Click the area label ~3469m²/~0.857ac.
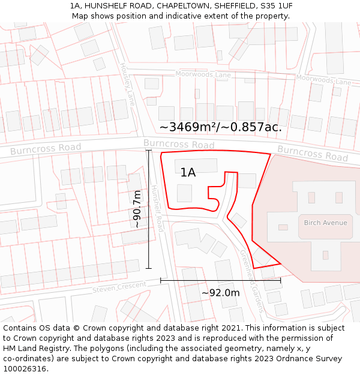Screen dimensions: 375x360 click(220, 127)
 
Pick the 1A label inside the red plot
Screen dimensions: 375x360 click(188, 173)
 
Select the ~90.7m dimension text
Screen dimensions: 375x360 click(137, 209)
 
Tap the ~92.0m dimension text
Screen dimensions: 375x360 click(220, 293)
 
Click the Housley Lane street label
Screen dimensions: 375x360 click(127, 84)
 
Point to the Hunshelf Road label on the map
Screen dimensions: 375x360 click(157, 208)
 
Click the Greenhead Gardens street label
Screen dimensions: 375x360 click(252, 281)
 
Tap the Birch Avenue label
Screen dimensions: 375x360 click(325, 223)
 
